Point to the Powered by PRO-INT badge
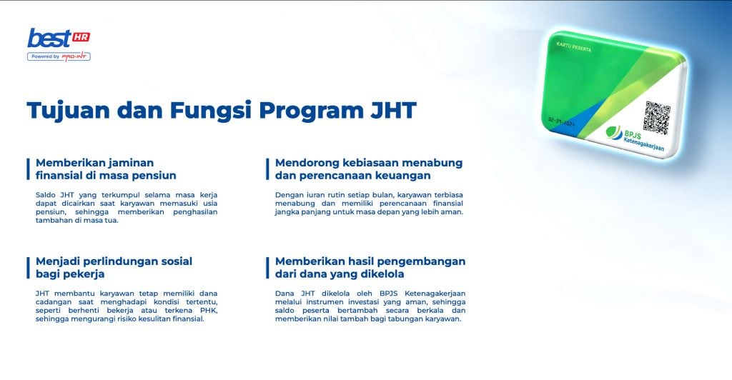(x=59, y=56)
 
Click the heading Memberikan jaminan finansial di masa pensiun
(x=106, y=169)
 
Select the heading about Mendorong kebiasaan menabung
(x=369, y=169)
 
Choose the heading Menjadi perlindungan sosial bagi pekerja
(x=114, y=267)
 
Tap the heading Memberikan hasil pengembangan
(x=370, y=267)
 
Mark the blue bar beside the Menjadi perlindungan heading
(x=28, y=267)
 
